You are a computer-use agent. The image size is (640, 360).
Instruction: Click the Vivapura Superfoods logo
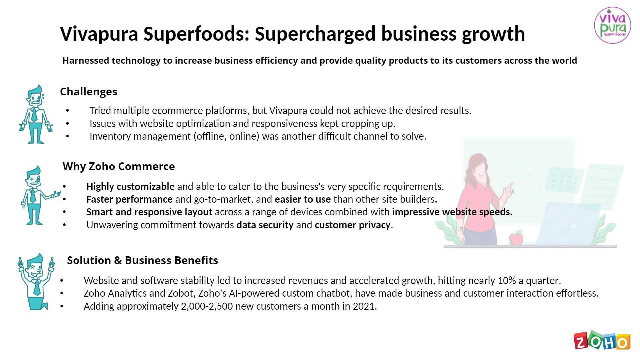click(x=612, y=25)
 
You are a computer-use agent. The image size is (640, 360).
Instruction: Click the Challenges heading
click(x=89, y=92)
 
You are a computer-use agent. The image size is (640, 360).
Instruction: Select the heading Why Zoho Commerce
click(x=119, y=166)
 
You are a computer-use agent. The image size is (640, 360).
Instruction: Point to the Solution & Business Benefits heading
click(x=143, y=260)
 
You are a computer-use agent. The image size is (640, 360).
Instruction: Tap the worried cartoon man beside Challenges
click(x=35, y=114)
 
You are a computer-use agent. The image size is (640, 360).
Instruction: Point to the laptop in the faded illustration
click(x=567, y=223)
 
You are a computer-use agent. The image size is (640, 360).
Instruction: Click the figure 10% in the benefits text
click(x=507, y=281)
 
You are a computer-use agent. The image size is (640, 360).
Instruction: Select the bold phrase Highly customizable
click(x=130, y=187)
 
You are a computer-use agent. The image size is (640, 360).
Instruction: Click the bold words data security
click(x=265, y=225)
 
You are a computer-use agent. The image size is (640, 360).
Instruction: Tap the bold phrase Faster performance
click(x=129, y=199)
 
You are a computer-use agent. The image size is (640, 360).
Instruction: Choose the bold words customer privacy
click(x=353, y=225)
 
